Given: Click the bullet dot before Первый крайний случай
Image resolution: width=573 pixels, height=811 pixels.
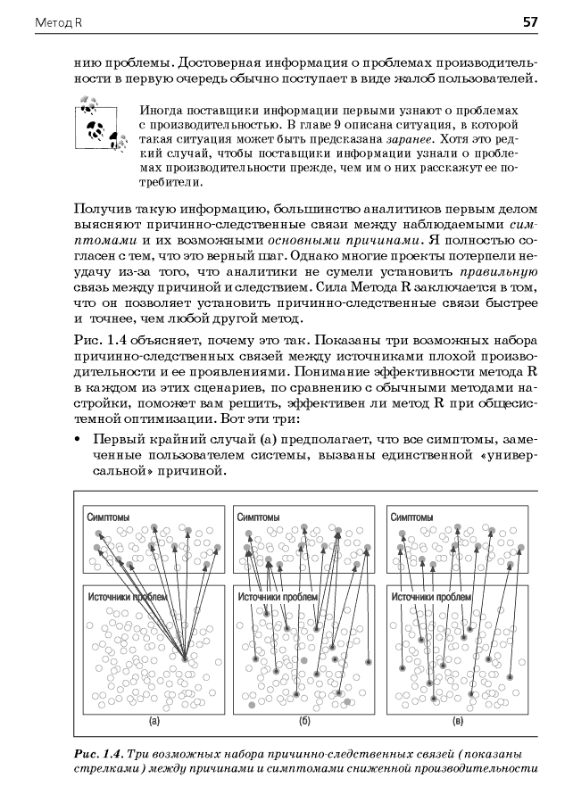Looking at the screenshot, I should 79,442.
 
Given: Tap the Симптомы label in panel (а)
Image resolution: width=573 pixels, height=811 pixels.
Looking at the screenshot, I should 108,517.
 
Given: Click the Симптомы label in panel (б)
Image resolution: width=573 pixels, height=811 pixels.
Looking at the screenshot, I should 257,517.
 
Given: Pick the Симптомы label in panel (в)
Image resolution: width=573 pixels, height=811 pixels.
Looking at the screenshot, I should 412,517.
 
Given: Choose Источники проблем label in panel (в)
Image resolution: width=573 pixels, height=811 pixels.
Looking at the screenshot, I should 430,597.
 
